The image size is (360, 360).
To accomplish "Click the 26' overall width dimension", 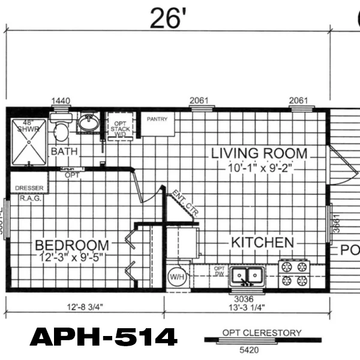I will click(x=166, y=19).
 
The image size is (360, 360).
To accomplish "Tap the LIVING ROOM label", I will click(x=259, y=154).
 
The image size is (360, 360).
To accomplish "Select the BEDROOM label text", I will click(x=71, y=245).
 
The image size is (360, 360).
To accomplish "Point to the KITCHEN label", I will click(x=263, y=242).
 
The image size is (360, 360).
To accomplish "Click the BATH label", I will click(x=64, y=151).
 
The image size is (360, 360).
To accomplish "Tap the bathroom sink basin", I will click(x=90, y=124).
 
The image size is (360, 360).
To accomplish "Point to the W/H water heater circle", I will click(x=177, y=277).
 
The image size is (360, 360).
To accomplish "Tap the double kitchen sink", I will click(x=247, y=275).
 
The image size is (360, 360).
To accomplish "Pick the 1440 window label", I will click(x=61, y=101).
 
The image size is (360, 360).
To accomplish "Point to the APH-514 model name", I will click(x=103, y=338).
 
